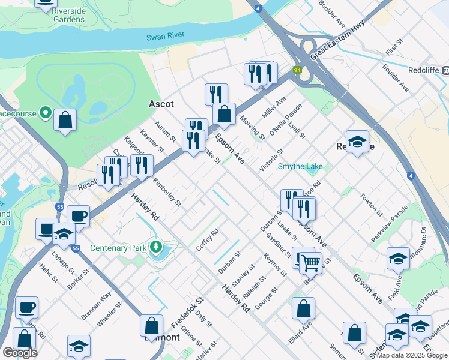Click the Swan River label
tap(165, 37)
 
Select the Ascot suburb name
tap(161, 104)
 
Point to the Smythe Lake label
tap(300, 167)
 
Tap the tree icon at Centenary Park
tap(156, 247)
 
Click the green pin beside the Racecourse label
tap(45, 112)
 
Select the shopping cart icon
tap(310, 262)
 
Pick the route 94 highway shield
tap(297, 71)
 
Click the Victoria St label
tap(270, 160)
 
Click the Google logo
tap(19, 353)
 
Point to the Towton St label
tap(371, 203)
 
